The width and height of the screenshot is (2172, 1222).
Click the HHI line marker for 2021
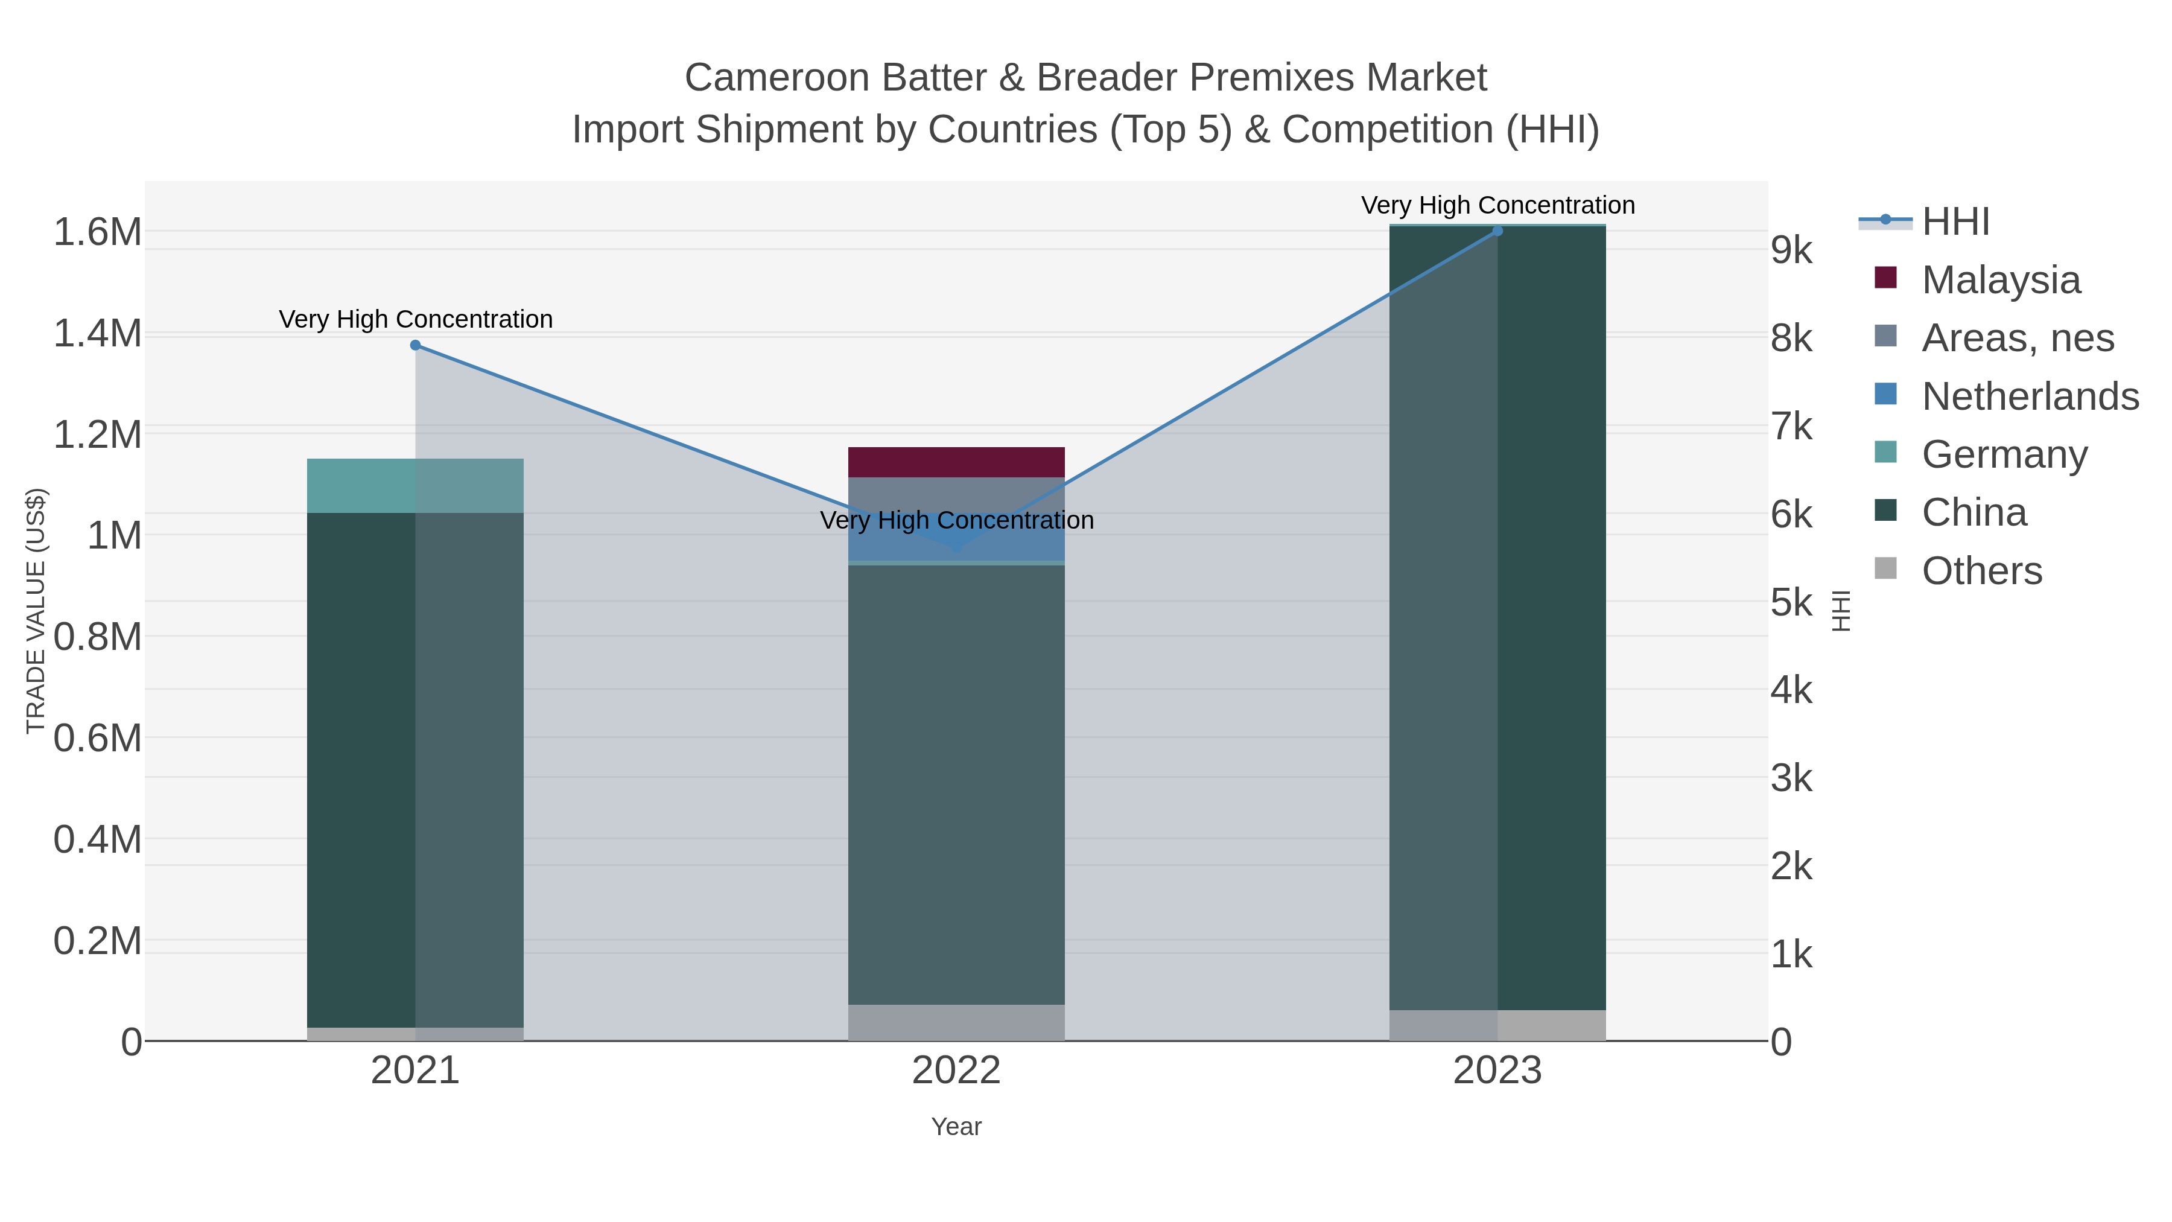(415, 345)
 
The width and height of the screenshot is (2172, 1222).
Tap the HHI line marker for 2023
(1497, 231)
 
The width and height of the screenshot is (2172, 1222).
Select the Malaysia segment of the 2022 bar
(956, 462)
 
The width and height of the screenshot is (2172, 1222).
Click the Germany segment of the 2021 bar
(415, 486)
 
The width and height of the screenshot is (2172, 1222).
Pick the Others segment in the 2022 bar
(956, 1022)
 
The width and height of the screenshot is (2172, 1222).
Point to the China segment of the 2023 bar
(1497, 616)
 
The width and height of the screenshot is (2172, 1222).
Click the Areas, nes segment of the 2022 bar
(956, 494)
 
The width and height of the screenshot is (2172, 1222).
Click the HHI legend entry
(1955, 222)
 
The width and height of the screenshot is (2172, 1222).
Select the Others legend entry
(1981, 571)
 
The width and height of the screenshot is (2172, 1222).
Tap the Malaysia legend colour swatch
(1885, 278)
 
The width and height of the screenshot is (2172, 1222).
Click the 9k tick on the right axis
(1792, 250)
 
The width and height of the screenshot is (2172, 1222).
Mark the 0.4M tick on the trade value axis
(98, 840)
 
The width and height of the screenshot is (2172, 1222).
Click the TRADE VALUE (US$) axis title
(36, 611)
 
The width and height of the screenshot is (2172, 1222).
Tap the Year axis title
(956, 1127)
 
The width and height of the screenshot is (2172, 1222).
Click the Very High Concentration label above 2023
(1497, 205)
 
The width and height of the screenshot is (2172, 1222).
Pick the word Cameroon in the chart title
(776, 78)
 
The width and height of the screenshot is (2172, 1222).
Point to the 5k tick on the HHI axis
(1792, 603)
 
